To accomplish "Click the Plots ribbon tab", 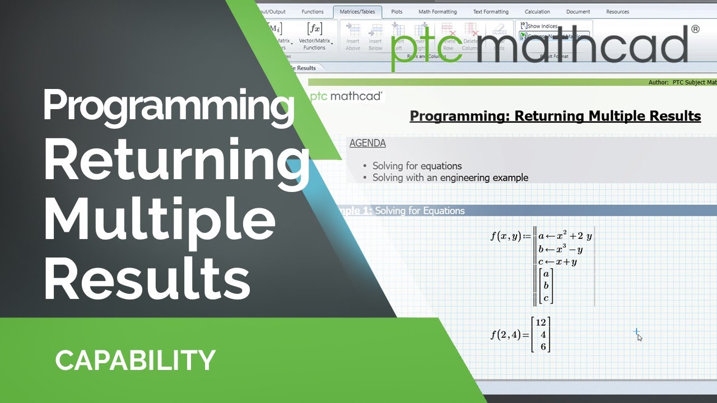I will [397, 12].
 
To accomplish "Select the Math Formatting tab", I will [437, 12].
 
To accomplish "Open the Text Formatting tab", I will [491, 12].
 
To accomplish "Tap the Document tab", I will [578, 12].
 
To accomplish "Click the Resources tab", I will [617, 12].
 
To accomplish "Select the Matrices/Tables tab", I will [357, 12].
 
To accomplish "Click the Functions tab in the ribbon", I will [313, 12].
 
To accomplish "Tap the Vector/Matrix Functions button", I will [314, 36].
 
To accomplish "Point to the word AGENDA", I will [367, 143].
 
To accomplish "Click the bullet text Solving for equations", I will [417, 166].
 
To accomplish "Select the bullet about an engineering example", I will [450, 178].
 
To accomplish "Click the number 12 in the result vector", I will [541, 322].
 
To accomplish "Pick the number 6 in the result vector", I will [543, 347].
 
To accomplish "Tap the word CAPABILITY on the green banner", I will [135, 360].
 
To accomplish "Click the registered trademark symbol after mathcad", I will [695, 29].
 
